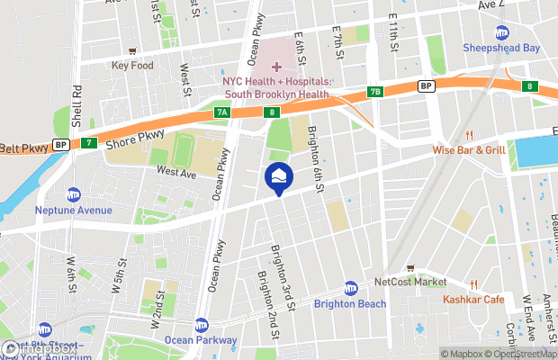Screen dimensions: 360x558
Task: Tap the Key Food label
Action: pyautogui.click(x=132, y=66)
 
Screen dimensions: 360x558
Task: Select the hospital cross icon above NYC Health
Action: pyautogui.click(x=276, y=67)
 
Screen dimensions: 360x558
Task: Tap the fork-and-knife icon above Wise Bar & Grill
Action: pyautogui.click(x=468, y=135)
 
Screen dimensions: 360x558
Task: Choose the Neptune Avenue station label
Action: pyautogui.click(x=74, y=211)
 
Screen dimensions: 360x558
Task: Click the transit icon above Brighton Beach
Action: pyautogui.click(x=350, y=288)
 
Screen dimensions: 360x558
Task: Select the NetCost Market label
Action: pyautogui.click(x=411, y=282)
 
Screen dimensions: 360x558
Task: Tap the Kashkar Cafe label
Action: pyautogui.click(x=473, y=299)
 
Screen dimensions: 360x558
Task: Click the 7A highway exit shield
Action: pyautogui.click(x=221, y=112)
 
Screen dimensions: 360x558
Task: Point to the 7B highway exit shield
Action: pyautogui.click(x=375, y=92)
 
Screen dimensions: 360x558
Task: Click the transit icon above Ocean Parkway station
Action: pyautogui.click(x=201, y=325)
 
